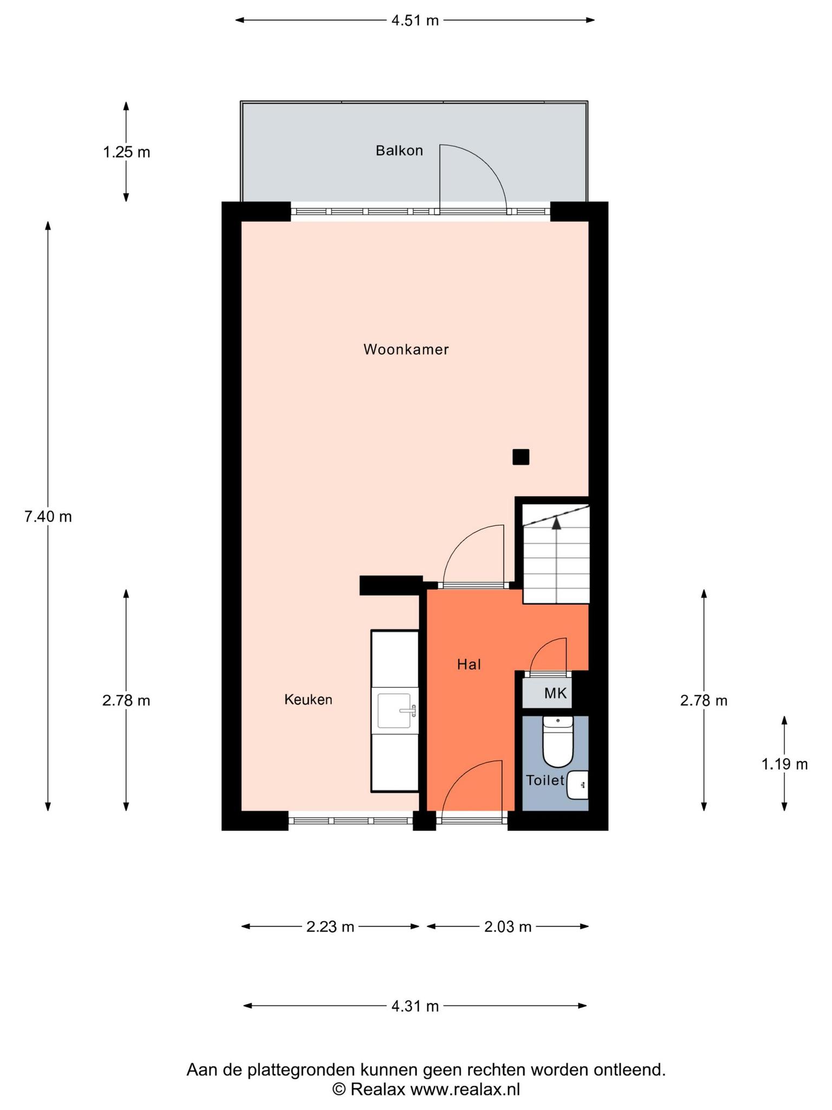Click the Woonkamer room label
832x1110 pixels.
click(406, 350)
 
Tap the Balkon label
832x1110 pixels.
click(399, 151)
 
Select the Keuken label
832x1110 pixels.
click(308, 700)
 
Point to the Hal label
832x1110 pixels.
click(469, 664)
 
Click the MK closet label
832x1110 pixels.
click(556, 693)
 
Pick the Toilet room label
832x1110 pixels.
click(545, 780)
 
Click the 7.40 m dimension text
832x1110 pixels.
click(48, 517)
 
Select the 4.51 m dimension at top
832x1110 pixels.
click(415, 21)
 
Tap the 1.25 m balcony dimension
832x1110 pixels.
click(127, 152)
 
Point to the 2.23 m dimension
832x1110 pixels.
click(330, 927)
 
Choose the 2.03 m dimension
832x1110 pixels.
click(508, 927)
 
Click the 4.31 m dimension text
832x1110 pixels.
click(415, 1006)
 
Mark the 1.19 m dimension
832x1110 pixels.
click(785, 764)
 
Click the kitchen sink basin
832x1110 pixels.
click(395, 711)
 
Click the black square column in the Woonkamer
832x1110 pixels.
click(521, 457)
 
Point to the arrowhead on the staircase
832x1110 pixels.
click(556, 522)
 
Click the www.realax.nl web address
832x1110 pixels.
click(465, 1089)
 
